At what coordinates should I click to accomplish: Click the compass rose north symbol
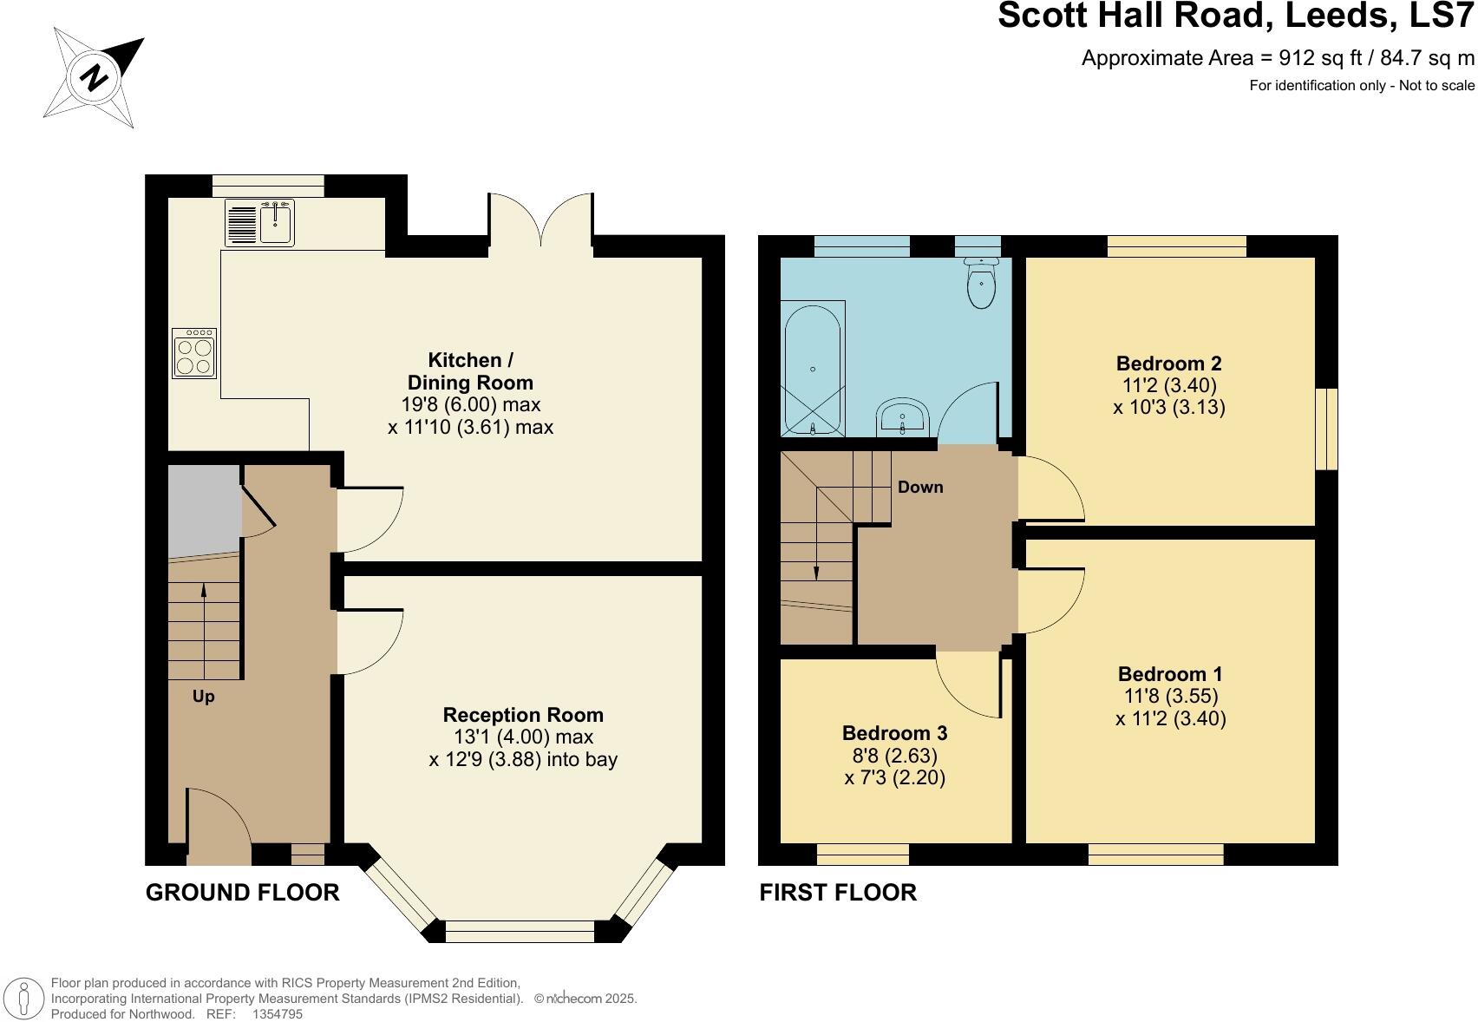tap(94, 78)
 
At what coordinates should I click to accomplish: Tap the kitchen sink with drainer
tap(260, 223)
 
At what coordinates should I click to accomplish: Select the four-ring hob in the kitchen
tap(194, 354)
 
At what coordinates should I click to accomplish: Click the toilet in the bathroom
tap(982, 283)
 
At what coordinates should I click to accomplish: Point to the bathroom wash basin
tap(903, 419)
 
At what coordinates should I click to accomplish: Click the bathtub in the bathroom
tap(813, 368)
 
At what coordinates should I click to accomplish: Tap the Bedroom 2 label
tap(1168, 364)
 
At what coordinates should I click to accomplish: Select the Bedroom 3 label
tap(894, 733)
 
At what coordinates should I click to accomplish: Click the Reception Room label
tap(522, 715)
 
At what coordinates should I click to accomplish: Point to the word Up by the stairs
tap(203, 697)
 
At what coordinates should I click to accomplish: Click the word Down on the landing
tap(919, 488)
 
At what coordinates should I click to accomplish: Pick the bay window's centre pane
tap(520, 931)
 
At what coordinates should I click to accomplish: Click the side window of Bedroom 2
tap(1326, 429)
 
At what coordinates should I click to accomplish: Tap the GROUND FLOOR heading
tap(242, 893)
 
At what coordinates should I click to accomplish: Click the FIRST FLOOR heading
tap(837, 893)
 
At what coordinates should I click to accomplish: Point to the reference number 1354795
tap(277, 1013)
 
